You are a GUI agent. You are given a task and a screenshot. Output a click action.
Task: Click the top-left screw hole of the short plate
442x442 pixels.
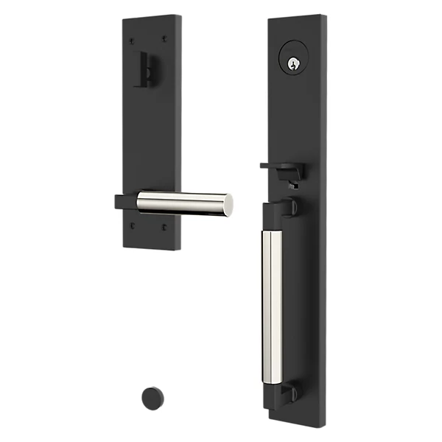[132, 39]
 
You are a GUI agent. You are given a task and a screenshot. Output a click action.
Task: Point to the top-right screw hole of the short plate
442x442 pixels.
[164, 38]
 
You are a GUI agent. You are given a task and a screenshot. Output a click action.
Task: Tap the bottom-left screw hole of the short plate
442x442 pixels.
[133, 226]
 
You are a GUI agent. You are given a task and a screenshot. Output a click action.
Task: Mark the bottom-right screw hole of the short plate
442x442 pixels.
[164, 228]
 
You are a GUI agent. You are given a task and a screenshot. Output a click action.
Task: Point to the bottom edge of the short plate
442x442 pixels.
[151, 248]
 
